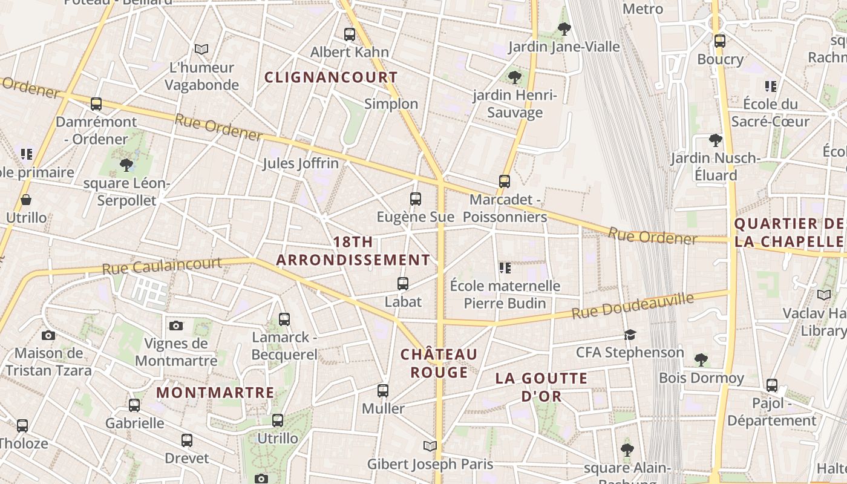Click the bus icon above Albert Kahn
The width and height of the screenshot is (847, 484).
[x=350, y=34]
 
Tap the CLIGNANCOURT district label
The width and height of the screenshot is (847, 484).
[x=331, y=77]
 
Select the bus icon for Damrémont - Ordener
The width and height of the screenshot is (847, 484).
[x=96, y=103]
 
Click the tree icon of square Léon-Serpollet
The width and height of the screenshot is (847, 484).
[x=126, y=165]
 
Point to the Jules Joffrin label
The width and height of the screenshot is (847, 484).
[x=301, y=163]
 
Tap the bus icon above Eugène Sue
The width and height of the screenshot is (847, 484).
[x=416, y=198]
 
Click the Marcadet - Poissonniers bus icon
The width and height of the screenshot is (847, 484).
[x=504, y=181]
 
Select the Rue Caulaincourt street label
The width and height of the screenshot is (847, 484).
[x=162, y=266]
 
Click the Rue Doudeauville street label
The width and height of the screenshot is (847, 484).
[x=632, y=306]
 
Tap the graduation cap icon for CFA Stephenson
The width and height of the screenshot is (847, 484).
[x=630, y=335]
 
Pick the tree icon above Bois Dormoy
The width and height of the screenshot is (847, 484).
[x=701, y=360]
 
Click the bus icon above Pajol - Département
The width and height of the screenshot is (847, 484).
[x=771, y=385]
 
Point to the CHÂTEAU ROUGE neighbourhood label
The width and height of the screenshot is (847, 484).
[x=439, y=363]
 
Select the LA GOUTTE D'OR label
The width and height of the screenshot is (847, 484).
[x=541, y=387]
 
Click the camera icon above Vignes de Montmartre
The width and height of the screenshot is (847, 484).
[x=176, y=325]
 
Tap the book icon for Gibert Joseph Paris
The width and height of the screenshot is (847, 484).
[x=430, y=446]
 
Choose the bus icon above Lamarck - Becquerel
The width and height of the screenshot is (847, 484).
[x=284, y=319]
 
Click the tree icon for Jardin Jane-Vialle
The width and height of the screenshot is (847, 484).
[x=564, y=28]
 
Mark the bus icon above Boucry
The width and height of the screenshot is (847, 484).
[x=719, y=41]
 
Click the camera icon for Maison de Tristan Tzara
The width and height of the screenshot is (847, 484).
[x=48, y=335]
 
